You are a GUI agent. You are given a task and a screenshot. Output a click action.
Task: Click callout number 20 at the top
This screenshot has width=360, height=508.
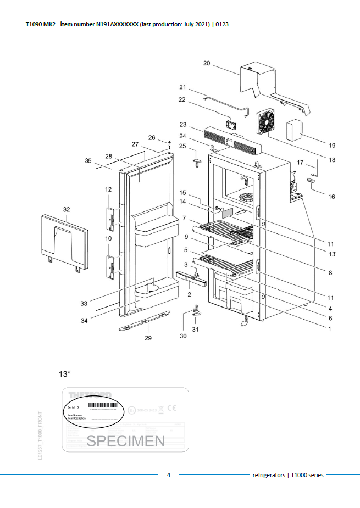coord(207,63)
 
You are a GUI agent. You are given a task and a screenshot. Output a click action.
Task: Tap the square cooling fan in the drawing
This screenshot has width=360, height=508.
coord(268,120)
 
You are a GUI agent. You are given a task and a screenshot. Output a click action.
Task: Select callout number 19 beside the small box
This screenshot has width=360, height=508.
coord(331,146)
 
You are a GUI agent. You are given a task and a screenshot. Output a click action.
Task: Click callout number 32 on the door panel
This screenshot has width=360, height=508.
coord(67,209)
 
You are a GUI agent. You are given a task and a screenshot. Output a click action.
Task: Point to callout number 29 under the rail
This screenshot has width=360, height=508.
coord(148,338)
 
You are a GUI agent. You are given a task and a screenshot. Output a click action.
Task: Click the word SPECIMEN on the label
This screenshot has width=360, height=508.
coord(126,440)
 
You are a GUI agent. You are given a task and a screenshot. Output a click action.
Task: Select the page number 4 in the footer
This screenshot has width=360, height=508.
coord(169,475)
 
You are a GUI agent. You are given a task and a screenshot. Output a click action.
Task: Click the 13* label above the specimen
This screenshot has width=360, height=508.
coord(65,374)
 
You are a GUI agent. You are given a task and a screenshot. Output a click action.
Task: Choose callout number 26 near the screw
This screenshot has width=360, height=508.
coord(152,137)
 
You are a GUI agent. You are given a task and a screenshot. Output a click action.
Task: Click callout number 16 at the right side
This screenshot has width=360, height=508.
coord(331,196)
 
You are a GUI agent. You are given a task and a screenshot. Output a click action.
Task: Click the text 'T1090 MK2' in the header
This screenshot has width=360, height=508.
coord(41,25)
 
